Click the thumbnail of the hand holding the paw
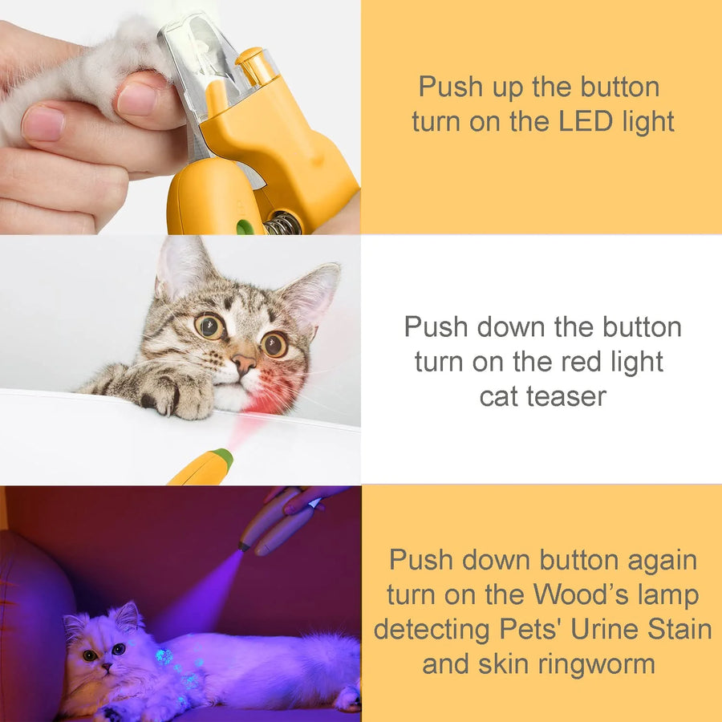137,99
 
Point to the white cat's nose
106,667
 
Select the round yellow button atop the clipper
250,58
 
